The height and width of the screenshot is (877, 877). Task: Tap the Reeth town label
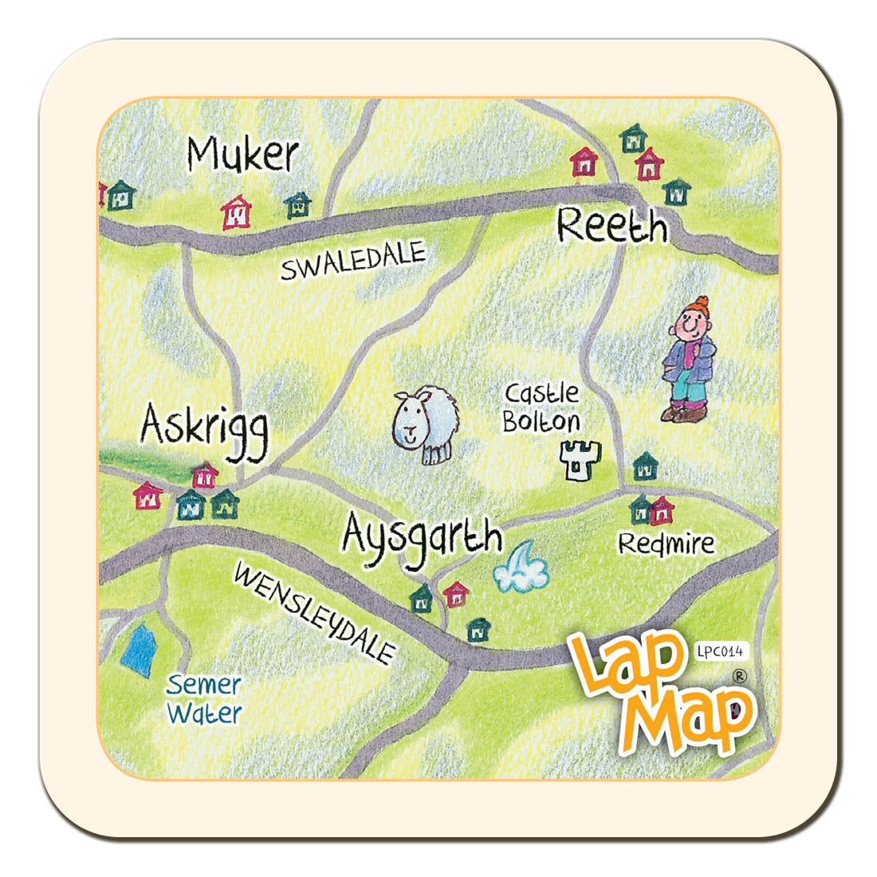coord(612,226)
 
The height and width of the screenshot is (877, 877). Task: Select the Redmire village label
coord(667,544)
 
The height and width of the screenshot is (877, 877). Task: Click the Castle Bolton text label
coord(542,407)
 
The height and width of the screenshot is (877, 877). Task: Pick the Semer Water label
coord(204,698)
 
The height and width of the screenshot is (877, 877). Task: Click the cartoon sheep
coord(426,423)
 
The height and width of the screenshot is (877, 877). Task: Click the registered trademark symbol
coord(739,676)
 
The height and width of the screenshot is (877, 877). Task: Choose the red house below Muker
coord(236,213)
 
